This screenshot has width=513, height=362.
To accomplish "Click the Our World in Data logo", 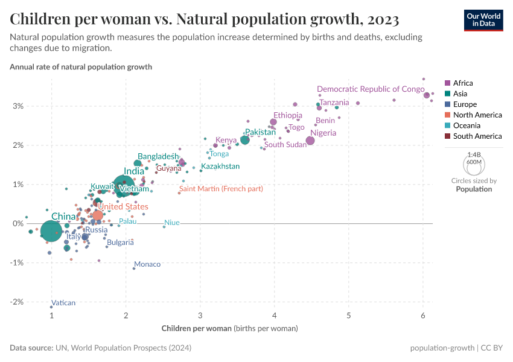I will coord(483,19).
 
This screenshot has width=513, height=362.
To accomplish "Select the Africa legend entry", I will coord(459,83).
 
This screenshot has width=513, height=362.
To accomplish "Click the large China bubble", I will coord(51,231).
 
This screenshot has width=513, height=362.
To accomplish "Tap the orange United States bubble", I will coord(98,215).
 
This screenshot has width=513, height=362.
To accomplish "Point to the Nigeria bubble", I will coord(310,141).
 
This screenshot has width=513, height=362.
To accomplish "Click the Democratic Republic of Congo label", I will coord(371,89).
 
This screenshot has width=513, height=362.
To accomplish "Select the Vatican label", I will coord(63,303).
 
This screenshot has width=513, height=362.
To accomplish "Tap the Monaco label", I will coord(147,264).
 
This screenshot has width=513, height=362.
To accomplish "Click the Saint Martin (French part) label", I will coord(221,189).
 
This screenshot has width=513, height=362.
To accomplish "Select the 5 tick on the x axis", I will coord(349,316).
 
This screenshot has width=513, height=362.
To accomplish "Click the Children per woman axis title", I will coord(230,329).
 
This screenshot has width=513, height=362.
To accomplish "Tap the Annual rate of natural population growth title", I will coord(81,67).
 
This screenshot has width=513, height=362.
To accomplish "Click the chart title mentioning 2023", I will coord(205,19).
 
